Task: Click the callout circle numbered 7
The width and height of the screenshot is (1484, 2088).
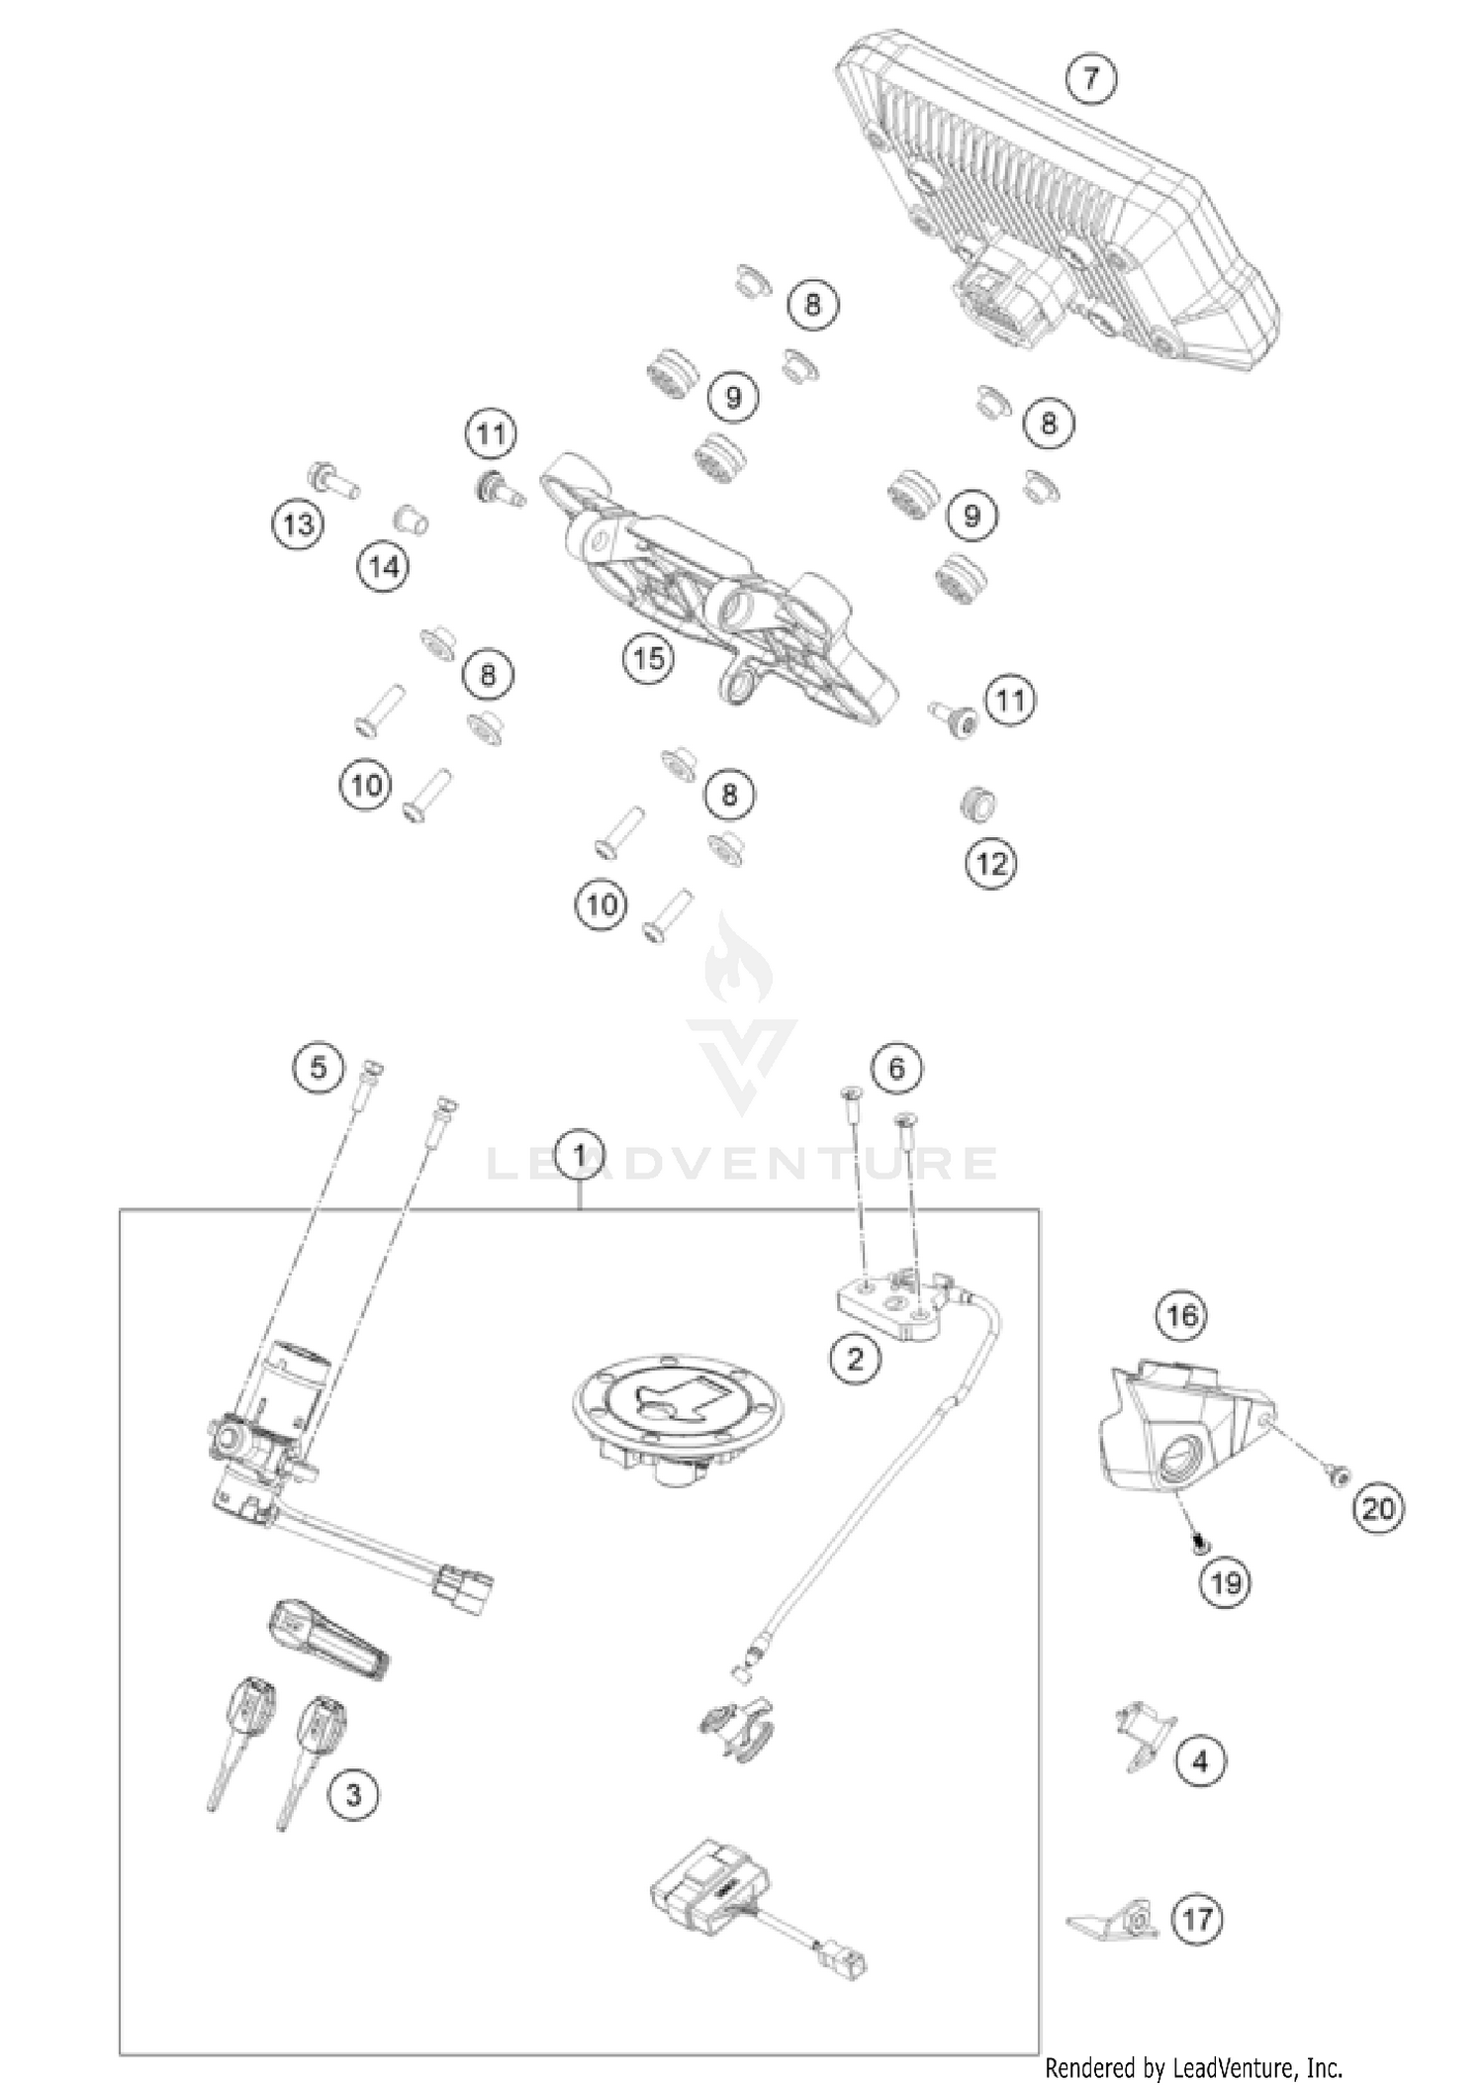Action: coord(1091,78)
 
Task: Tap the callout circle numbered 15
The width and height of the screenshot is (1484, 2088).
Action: coord(649,658)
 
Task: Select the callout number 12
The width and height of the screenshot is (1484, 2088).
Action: coord(990,864)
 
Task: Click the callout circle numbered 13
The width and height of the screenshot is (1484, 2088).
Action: coord(298,523)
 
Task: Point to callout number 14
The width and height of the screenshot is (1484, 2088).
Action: coord(384,567)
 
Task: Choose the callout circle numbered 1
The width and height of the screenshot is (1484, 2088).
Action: coord(580,1154)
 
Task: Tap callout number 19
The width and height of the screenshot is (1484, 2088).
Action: coord(1225,1583)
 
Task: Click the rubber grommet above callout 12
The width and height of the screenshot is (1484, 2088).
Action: coord(977,804)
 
